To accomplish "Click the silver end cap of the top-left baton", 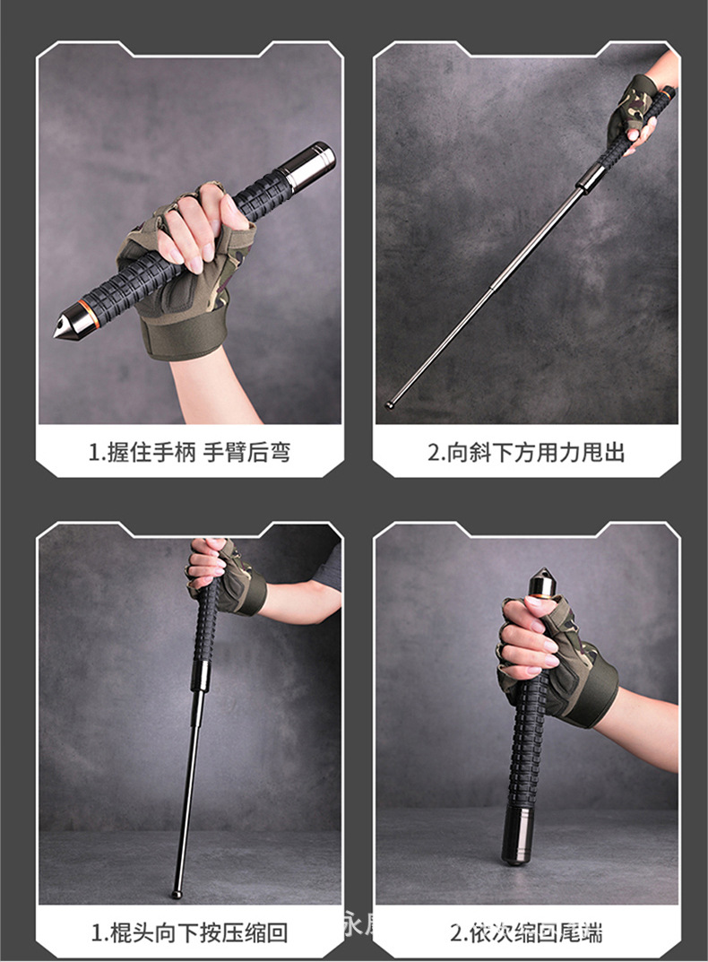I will point(312,163).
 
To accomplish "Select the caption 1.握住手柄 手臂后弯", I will point(189,452).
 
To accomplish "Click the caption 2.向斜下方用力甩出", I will point(526,452).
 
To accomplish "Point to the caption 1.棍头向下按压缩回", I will point(189,932).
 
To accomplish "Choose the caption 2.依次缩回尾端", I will point(526,932).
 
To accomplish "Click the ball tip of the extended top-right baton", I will point(390,404).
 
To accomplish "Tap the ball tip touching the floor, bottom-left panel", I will point(177,893).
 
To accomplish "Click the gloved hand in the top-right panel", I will point(638,117).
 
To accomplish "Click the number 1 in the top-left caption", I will point(93,452).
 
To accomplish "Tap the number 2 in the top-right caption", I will point(432,452).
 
